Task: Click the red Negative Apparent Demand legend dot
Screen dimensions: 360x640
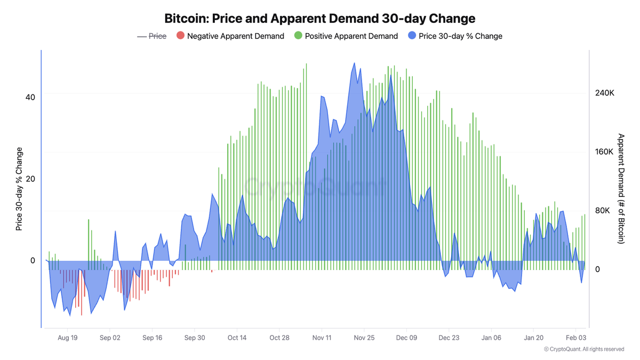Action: [180, 36]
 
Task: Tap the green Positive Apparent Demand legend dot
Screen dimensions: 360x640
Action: [298, 36]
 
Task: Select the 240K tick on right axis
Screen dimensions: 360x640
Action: [604, 93]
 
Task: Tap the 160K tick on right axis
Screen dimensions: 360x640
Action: [604, 152]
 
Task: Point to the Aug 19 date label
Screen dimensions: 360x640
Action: [68, 338]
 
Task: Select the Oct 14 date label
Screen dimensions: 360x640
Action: [237, 338]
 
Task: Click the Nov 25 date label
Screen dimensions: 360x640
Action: [364, 338]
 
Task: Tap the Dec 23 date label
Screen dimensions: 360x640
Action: [449, 338]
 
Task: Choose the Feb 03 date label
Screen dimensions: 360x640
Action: [576, 338]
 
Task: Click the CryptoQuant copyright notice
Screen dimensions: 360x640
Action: [583, 349]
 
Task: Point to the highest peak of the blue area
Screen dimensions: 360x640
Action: [354, 63]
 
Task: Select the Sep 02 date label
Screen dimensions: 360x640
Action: [110, 338]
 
